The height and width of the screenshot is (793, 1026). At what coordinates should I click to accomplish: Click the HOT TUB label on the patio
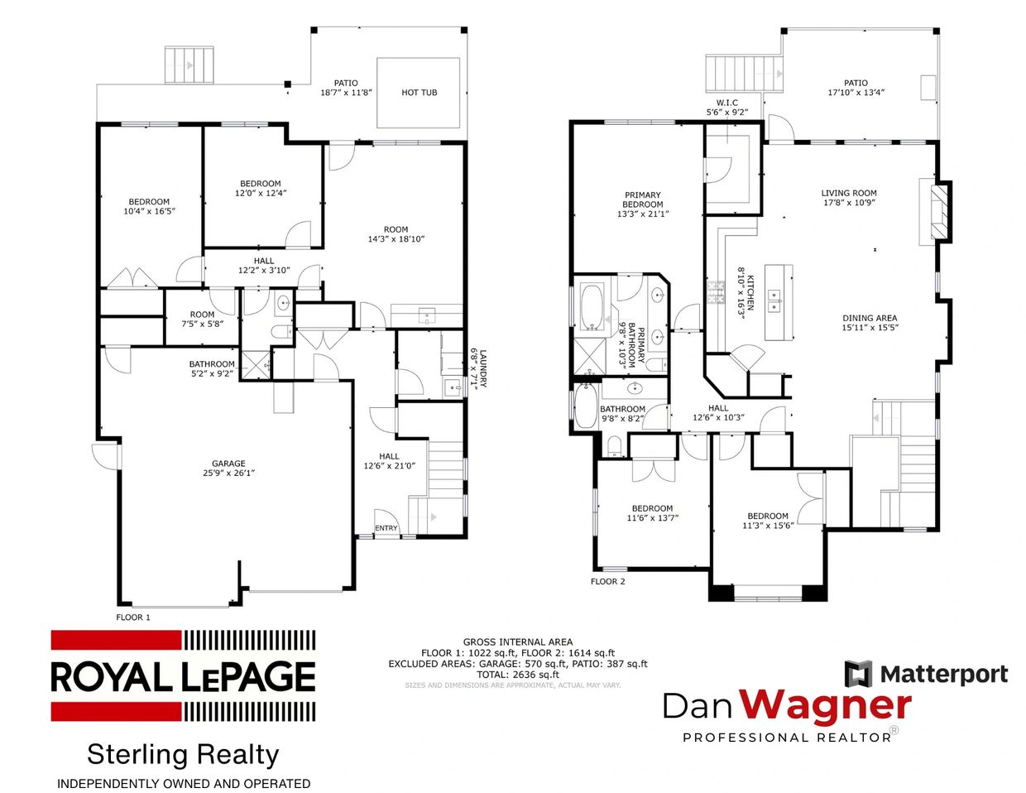(420, 93)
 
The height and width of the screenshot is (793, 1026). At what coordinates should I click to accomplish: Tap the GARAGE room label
(228, 464)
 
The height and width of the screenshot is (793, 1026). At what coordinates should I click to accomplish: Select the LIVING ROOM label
(849, 193)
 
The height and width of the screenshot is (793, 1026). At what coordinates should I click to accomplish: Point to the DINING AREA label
(870, 318)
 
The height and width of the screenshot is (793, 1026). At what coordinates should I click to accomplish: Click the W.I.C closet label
(727, 103)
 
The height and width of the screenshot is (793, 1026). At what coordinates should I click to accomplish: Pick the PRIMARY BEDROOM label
(643, 199)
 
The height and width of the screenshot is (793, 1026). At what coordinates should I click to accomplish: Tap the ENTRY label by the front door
(386, 528)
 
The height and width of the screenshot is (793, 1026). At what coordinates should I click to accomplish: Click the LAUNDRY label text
(482, 368)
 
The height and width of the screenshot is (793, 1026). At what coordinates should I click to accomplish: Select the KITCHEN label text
(750, 293)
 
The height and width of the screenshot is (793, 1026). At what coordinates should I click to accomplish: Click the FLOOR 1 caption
(133, 618)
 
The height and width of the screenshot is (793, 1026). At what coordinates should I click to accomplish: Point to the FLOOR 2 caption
(607, 581)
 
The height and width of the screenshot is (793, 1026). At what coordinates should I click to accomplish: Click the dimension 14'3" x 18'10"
(396, 239)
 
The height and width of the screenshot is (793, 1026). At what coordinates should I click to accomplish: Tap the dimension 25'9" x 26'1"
(228, 473)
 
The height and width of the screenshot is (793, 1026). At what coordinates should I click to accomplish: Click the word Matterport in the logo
(944, 674)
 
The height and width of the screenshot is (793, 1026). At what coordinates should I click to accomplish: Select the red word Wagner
(824, 707)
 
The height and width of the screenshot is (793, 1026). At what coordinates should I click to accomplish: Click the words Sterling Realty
(183, 754)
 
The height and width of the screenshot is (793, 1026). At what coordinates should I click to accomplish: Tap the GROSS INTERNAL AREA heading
(517, 642)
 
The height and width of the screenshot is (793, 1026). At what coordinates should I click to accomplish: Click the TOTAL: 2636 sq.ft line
(517, 675)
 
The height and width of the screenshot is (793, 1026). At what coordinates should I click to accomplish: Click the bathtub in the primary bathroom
(592, 307)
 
